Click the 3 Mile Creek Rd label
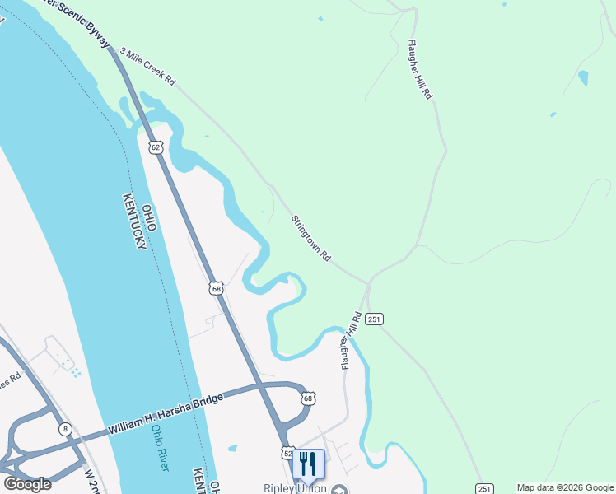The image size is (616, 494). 148,68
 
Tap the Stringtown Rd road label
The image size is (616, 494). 310,239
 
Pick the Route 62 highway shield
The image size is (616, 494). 156,147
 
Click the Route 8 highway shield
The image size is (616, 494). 64,429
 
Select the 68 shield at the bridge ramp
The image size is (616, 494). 308,398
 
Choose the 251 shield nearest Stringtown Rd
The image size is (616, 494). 374,319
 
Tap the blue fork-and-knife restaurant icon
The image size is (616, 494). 308,464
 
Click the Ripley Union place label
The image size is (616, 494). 295,488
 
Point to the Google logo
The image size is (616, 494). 27,483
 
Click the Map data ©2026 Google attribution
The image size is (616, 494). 565,487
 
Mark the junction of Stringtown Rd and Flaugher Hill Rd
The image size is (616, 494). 368,282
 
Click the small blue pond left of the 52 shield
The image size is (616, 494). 233,448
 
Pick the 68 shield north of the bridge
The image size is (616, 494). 216,288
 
